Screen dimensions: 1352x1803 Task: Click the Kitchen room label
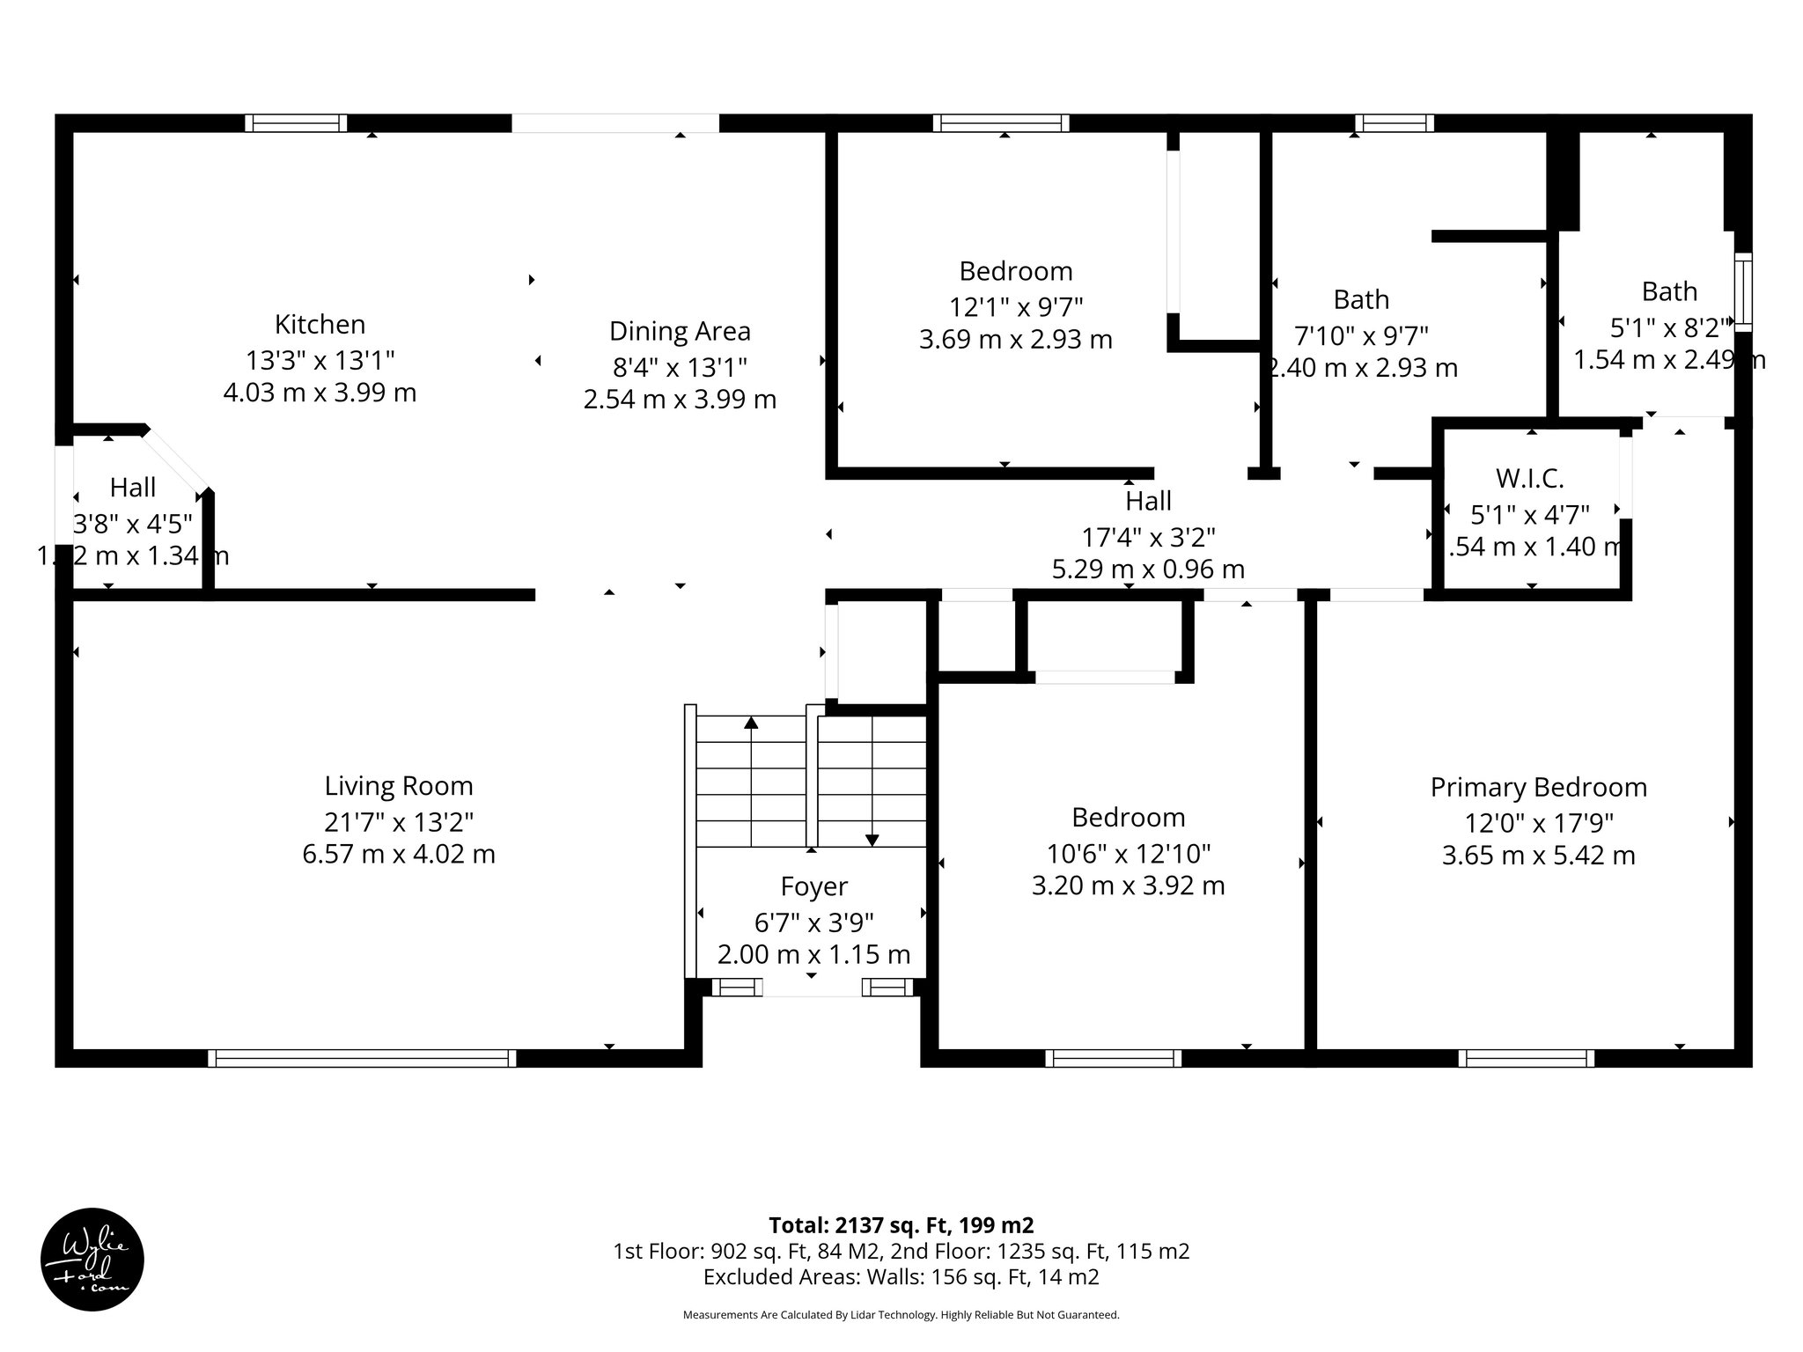(x=320, y=325)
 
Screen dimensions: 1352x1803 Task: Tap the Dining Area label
(x=680, y=332)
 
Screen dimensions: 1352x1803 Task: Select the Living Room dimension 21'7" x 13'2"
(x=399, y=822)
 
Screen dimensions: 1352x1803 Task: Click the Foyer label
(x=813, y=886)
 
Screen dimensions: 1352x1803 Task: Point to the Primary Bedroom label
(x=1538, y=787)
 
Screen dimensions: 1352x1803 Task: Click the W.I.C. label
(x=1529, y=479)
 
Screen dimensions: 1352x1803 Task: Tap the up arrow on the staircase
(x=751, y=724)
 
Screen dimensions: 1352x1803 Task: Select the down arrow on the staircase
(x=872, y=839)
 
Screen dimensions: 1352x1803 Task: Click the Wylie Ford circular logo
(x=92, y=1260)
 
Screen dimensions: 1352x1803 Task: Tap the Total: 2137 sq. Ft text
(x=901, y=1225)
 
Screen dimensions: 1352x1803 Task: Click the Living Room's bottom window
(x=362, y=1058)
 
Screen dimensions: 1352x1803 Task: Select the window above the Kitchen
(x=295, y=123)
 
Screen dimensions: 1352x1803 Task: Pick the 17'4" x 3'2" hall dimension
(x=1148, y=536)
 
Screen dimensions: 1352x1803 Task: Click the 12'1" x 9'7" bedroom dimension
(x=1015, y=307)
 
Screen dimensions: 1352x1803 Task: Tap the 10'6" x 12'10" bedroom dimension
(x=1128, y=854)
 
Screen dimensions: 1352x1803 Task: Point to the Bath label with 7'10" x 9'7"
(x=1360, y=300)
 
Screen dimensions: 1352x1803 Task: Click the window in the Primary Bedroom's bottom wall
(x=1526, y=1058)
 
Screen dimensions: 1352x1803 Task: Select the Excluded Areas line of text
(x=901, y=1277)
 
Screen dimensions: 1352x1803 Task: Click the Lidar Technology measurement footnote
(x=901, y=1315)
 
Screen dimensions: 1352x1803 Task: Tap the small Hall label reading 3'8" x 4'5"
(x=133, y=488)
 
